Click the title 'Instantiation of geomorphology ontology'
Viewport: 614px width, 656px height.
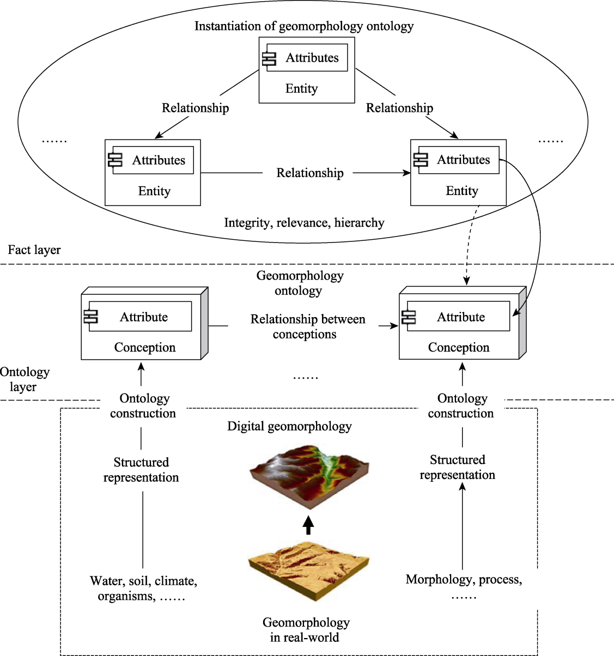[x=304, y=26]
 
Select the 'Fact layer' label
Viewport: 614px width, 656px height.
[x=34, y=250]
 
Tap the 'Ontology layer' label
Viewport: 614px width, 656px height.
[x=25, y=379]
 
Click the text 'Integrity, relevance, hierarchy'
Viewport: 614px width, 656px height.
[x=304, y=223]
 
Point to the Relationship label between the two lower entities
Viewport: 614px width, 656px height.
[x=310, y=173]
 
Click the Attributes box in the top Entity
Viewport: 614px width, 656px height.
[x=307, y=57]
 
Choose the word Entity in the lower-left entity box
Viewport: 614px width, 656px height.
[x=154, y=191]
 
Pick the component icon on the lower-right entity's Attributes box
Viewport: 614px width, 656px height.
[x=421, y=160]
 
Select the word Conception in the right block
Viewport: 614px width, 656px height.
[x=459, y=348]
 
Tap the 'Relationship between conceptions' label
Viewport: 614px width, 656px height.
[x=307, y=327]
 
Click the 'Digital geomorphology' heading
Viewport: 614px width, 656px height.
[x=289, y=427]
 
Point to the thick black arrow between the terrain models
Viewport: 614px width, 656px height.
[x=308, y=525]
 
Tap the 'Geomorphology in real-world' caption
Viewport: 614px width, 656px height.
[x=306, y=630]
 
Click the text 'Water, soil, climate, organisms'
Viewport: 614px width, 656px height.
[x=143, y=588]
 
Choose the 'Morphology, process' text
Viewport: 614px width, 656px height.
[x=464, y=579]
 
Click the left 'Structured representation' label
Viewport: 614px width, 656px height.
[x=141, y=470]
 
